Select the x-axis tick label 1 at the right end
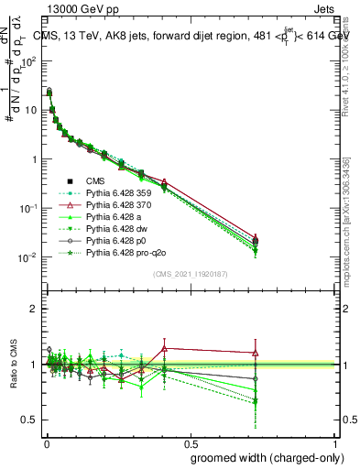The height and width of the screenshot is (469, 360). pyautogui.click(x=335, y=443)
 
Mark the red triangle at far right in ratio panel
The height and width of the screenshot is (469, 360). pyautogui.click(x=255, y=353)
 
